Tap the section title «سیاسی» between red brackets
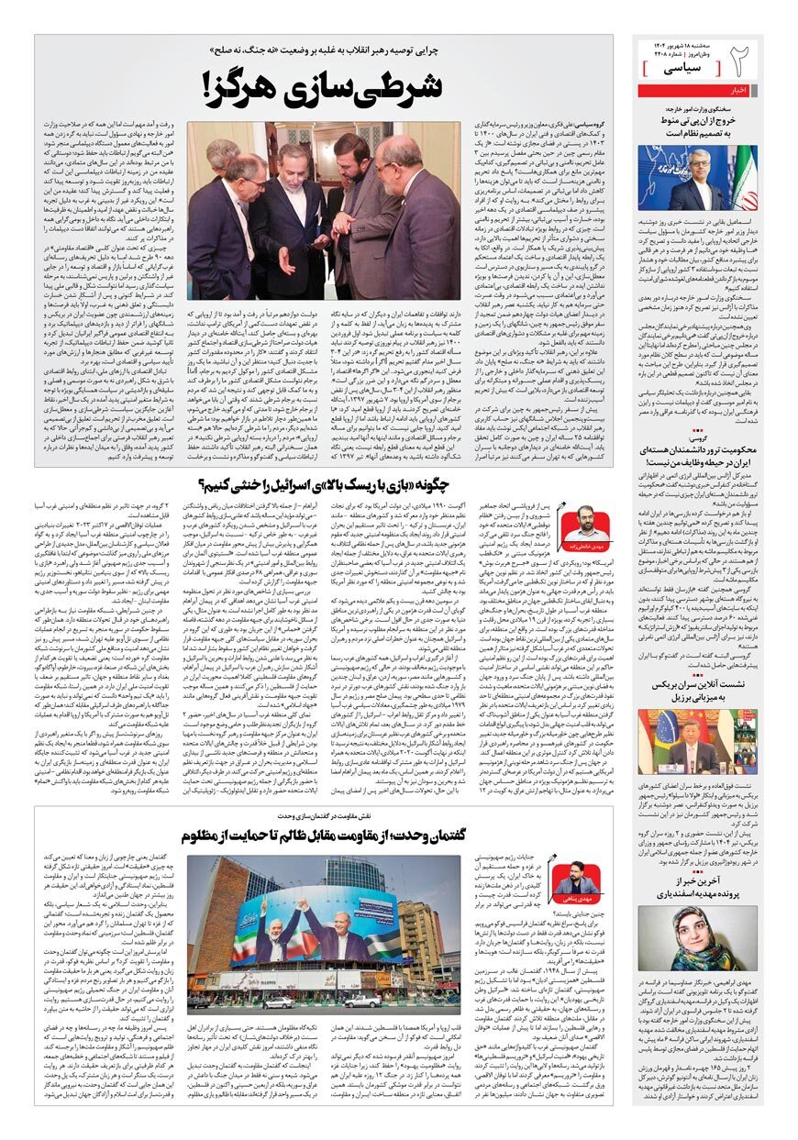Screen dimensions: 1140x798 (683, 69)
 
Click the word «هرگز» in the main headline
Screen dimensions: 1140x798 (250, 88)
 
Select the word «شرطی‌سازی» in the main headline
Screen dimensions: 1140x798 (366, 88)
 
